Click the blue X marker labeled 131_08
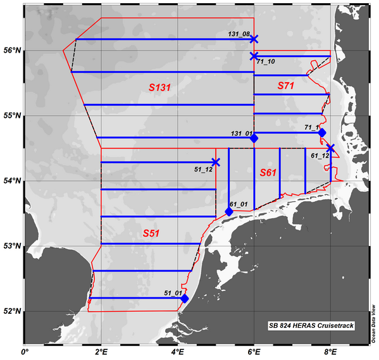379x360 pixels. point(254,39)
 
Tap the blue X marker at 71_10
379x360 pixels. point(254,56)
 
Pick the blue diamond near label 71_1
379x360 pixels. point(322,133)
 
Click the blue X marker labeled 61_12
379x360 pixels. point(330,148)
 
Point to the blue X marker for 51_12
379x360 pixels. point(216,162)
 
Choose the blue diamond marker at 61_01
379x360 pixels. point(229,211)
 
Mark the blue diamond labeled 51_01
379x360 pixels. point(185,298)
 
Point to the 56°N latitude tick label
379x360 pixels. point(11,50)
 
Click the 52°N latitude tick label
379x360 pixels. point(11,311)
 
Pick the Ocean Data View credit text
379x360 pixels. point(374,323)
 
